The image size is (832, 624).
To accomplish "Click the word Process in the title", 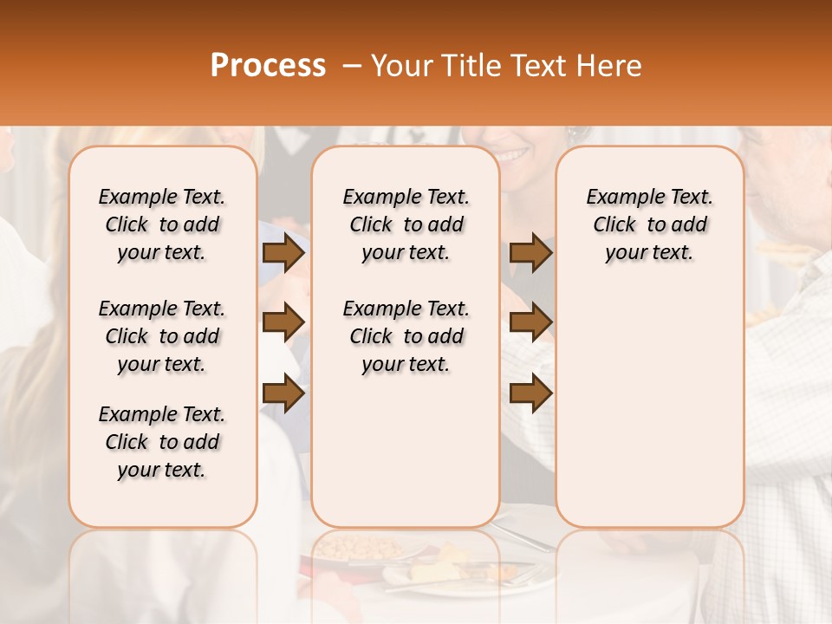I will (268, 66).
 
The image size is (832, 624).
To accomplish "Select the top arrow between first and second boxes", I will (283, 253).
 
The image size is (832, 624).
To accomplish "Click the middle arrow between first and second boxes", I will (283, 322).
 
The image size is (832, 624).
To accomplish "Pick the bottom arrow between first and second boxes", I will (283, 393).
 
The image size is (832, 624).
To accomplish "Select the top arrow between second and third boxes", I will (530, 253).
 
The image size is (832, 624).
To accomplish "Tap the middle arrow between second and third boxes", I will (530, 322).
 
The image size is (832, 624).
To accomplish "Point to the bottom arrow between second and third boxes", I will (530, 393).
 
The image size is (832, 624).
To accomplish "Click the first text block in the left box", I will (162, 224).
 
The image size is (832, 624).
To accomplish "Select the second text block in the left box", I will (162, 336).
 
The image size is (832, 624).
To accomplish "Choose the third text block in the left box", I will (162, 442).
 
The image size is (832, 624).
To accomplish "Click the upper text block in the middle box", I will (406, 224).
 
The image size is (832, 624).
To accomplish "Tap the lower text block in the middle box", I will (406, 336).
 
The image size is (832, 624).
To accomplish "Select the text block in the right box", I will (649, 224).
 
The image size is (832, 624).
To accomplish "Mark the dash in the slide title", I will (352, 66).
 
